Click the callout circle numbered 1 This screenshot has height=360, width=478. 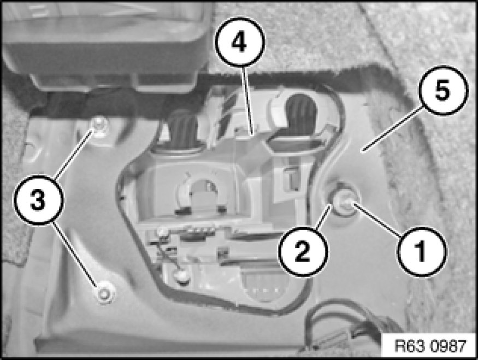422,252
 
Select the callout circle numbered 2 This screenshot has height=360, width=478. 303,252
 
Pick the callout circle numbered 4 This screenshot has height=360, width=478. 240,42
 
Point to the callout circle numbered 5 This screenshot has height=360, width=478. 442,90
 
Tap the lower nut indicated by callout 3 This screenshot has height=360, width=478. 104,293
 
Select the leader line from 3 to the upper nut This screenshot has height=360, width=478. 74,154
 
